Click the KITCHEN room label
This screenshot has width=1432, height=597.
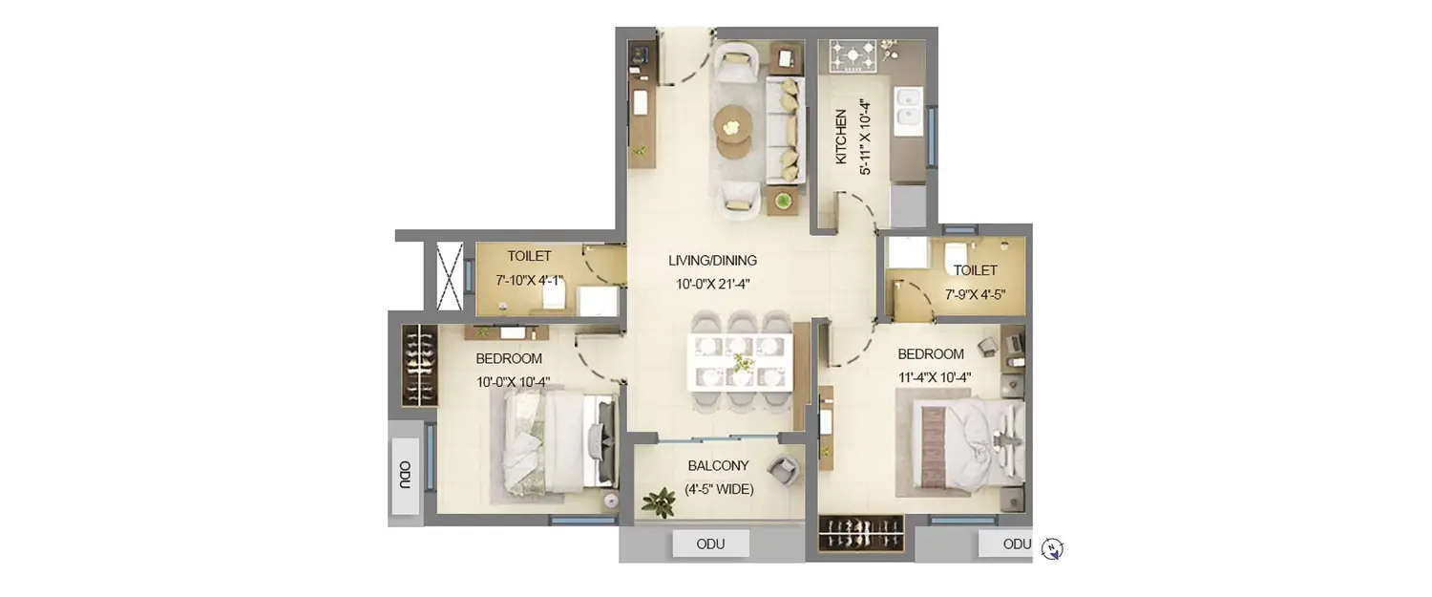(x=841, y=138)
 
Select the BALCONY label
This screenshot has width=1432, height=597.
(x=718, y=466)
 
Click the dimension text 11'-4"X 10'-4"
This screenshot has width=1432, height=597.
(x=934, y=377)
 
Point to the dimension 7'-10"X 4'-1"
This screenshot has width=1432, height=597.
(x=529, y=281)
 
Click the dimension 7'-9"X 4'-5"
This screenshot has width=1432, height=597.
(x=975, y=294)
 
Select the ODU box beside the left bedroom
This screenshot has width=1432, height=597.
(x=406, y=476)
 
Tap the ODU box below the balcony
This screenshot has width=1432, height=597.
(x=710, y=544)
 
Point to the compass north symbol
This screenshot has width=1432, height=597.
(x=1052, y=548)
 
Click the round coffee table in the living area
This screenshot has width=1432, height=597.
(x=732, y=123)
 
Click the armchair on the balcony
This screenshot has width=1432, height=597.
(x=784, y=469)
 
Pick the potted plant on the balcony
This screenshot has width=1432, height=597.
(x=659, y=501)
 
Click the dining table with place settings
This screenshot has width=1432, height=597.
(x=740, y=361)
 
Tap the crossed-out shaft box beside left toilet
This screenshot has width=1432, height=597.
(x=449, y=276)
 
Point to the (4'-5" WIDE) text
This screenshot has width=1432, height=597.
(x=719, y=490)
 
